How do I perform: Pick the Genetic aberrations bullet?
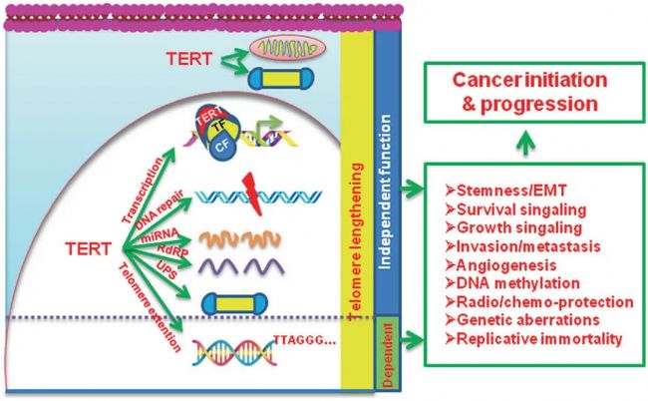(x=521, y=320)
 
